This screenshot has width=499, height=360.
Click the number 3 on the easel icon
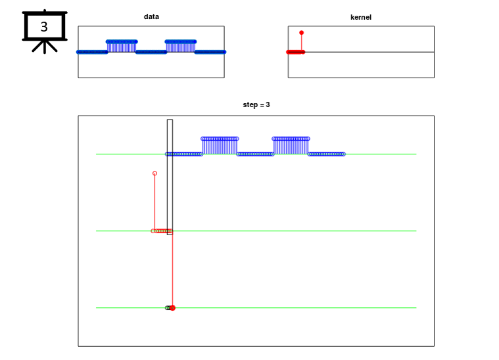tap(44, 27)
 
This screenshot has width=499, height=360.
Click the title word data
tap(151, 17)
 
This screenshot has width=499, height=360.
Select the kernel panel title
tap(360, 17)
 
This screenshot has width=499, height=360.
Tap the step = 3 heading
tap(256, 104)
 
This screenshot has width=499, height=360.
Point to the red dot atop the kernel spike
tap(302, 32)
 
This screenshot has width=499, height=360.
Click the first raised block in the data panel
tap(122, 46)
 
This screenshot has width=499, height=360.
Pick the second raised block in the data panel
tap(181, 46)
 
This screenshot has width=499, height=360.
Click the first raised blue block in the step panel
tap(220, 145)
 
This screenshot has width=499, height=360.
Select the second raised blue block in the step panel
tap(291, 145)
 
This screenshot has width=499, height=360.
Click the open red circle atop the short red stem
tap(154, 173)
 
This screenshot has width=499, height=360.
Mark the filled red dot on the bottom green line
tap(172, 307)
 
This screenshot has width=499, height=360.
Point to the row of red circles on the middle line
tap(163, 231)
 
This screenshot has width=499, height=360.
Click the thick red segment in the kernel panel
tap(295, 52)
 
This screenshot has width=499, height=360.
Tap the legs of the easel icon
tap(45, 46)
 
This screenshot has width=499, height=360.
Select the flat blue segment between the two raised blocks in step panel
tap(255, 154)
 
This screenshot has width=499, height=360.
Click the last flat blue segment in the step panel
tap(326, 154)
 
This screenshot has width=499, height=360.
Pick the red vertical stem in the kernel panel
tap(302, 42)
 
